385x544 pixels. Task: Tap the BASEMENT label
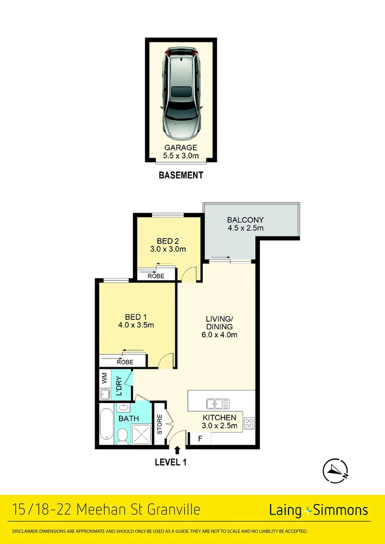[181, 175]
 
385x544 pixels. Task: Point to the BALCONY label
[245, 224]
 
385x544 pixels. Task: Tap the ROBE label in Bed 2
[157, 276]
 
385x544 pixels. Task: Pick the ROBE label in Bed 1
[125, 362]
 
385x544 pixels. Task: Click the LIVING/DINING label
[221, 326]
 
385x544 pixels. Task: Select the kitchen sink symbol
[218, 403]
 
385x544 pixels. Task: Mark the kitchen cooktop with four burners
[249, 423]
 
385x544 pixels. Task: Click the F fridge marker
[200, 439]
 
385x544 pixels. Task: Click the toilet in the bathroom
[122, 435]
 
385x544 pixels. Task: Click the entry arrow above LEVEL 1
[177, 449]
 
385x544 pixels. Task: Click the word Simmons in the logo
[341, 510]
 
